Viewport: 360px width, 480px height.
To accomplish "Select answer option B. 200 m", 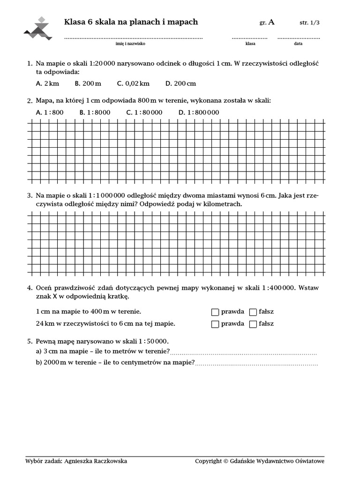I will point(88,83).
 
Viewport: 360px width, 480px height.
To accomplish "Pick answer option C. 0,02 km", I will point(134,83).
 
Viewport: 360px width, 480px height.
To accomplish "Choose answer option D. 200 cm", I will point(180,83).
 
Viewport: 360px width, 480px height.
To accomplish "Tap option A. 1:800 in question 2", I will point(49,112).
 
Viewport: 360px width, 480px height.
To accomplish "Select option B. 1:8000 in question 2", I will point(95,112).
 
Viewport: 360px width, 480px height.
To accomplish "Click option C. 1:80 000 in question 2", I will point(144,112).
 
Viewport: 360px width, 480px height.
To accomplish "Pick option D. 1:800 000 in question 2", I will point(199,112).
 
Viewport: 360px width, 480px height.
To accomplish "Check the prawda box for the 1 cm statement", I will point(215,312).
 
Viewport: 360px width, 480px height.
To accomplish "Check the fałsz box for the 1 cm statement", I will point(253,312).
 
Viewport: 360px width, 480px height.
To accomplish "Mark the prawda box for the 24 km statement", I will point(215,324).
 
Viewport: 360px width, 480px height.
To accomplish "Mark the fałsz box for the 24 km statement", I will point(253,324).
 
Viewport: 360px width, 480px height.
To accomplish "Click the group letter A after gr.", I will point(271,22).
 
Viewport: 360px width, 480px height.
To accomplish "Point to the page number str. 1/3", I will point(309,22).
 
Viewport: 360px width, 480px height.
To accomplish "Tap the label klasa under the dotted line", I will point(250,44).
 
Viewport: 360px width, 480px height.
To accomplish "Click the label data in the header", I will point(298,44).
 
